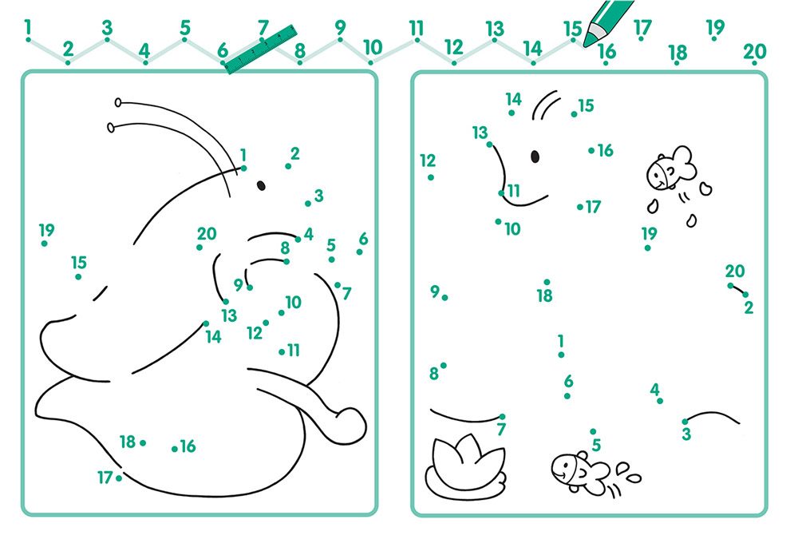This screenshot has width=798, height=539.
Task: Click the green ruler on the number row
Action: [261, 49]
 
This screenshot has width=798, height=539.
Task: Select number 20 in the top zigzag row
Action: [754, 51]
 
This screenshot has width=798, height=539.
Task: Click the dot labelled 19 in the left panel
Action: [44, 244]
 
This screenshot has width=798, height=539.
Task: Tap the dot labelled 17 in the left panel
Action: [119, 478]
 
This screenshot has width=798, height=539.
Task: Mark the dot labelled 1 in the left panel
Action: [243, 168]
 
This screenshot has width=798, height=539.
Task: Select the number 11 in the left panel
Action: [294, 350]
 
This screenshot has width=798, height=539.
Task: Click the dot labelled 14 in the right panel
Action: [512, 113]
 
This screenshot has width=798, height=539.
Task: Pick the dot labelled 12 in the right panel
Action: [431, 177]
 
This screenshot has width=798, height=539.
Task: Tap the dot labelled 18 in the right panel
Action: [547, 282]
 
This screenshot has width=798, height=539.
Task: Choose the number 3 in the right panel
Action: [686, 434]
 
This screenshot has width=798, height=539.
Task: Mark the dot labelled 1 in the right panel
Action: [561, 355]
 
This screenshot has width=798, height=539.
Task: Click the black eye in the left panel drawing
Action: [261, 185]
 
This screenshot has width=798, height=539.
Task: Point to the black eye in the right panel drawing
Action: [535, 157]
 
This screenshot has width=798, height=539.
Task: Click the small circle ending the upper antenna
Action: [118, 102]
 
